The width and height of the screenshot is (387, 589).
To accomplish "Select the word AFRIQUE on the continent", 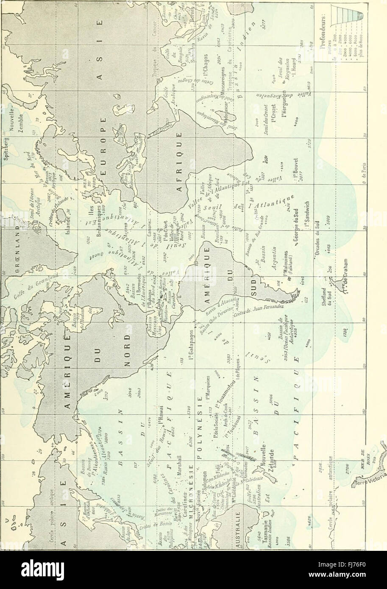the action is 179,157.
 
